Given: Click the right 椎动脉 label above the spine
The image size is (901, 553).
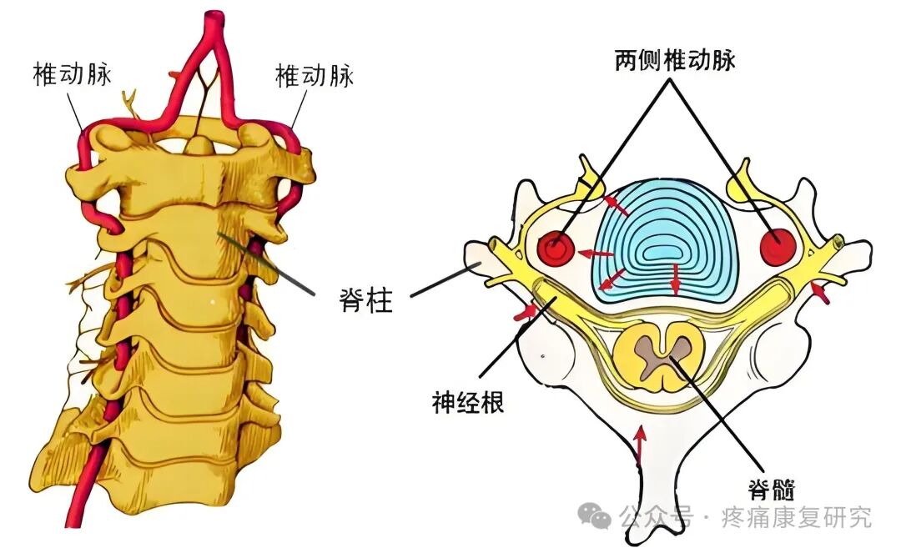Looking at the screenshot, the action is (x=315, y=76).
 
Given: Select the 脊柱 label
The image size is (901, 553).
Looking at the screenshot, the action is (x=366, y=299).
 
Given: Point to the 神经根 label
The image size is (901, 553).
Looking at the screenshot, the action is (x=468, y=404).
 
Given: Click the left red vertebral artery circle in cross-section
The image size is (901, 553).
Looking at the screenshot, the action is (x=555, y=248).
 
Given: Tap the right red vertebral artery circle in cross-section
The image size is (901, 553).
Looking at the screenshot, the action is (x=778, y=245).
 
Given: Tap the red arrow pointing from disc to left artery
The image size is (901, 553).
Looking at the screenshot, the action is (x=596, y=253).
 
